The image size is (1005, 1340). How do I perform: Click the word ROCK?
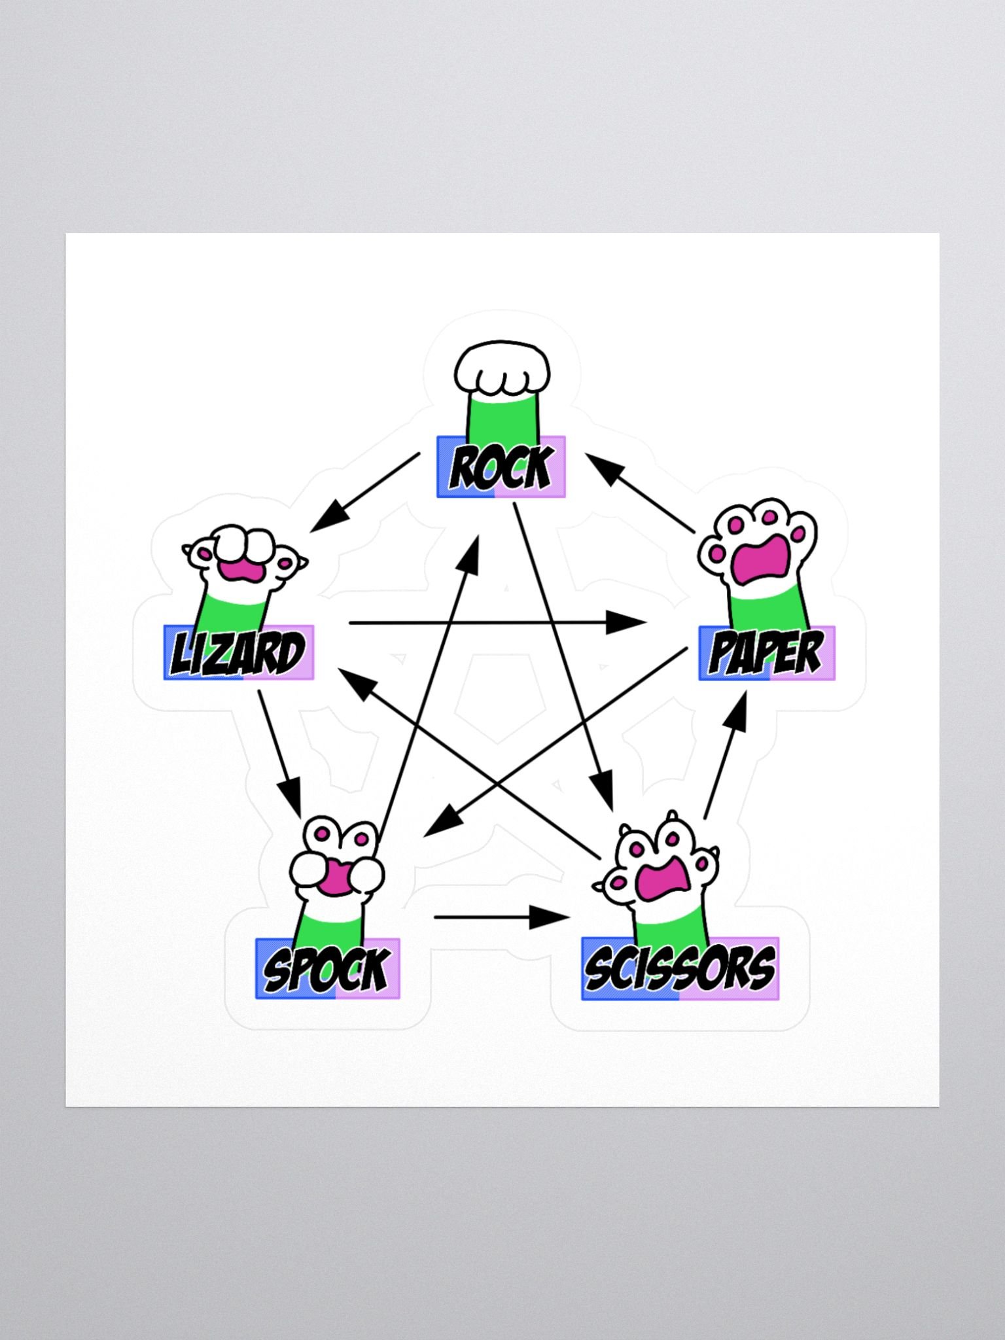tap(501, 467)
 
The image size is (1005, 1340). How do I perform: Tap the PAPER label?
tap(767, 653)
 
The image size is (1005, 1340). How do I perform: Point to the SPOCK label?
tap(327, 969)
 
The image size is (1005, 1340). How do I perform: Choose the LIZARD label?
tap(239, 652)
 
